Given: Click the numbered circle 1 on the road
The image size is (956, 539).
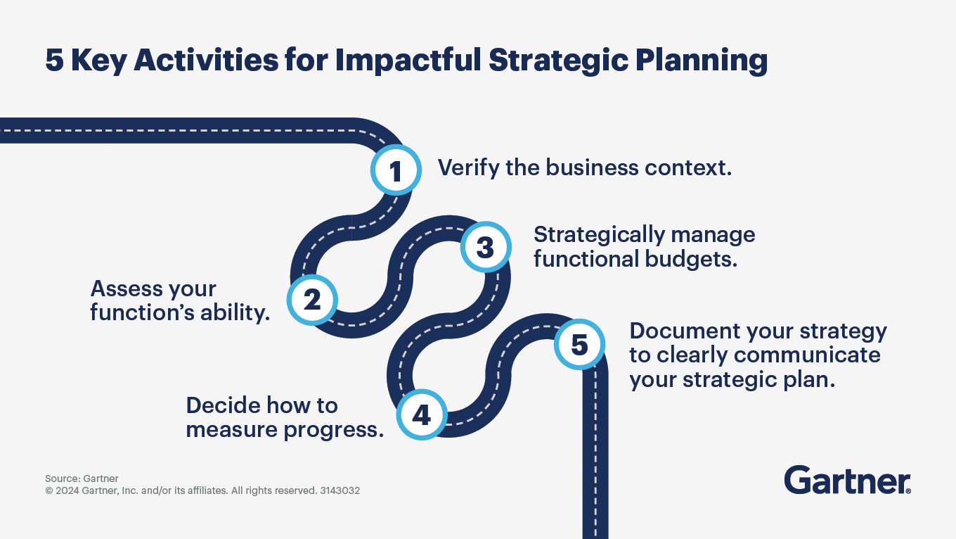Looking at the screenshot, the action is tap(396, 170).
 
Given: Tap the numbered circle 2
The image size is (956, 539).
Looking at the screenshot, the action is tap(312, 300).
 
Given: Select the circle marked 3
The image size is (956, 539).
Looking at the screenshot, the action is tap(486, 247).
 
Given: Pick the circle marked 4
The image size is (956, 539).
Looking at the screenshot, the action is tap(422, 414).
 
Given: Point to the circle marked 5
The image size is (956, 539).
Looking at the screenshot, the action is tap(579, 344).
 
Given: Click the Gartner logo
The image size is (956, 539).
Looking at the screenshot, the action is tap(848, 480).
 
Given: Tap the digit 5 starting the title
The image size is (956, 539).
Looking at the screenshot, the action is tap(55, 60).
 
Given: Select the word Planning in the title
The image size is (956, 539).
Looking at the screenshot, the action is tap(702, 61).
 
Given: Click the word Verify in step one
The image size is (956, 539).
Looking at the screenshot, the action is tap(468, 167).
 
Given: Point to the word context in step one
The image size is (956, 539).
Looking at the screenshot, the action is tap(688, 167).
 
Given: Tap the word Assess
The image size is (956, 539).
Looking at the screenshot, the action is tap(127, 288).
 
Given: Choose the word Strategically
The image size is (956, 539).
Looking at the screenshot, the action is tap(599, 235).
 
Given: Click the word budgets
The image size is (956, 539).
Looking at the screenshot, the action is tap(691, 259).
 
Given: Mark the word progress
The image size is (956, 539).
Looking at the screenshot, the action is tap(334, 430).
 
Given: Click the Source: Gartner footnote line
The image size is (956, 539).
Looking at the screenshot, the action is tap(82, 478).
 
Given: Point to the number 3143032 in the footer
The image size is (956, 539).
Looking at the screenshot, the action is tap(340, 490).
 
